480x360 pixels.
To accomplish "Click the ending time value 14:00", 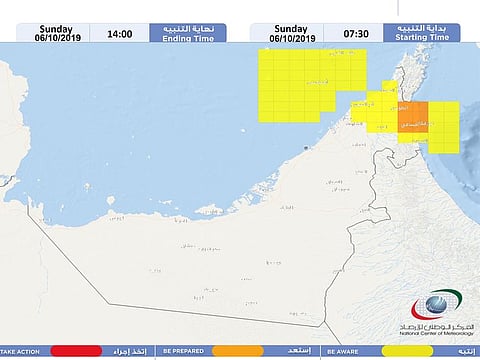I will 120,32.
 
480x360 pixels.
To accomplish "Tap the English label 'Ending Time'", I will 181,37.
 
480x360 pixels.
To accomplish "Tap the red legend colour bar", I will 77,351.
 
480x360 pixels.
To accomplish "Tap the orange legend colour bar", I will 237,351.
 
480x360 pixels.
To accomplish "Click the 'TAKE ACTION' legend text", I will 21,351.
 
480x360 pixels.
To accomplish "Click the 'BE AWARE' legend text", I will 342,351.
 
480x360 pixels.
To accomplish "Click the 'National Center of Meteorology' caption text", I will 429,333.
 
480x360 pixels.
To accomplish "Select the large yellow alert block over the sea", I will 305,85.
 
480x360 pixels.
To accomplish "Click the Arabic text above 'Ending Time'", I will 181,26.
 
